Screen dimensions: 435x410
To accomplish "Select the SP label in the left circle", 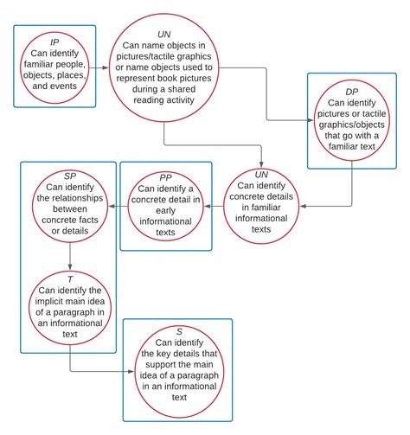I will coord(70,176).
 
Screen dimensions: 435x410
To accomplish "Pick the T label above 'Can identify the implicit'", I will coord(70,279).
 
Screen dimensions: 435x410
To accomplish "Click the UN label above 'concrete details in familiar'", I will coord(261,173).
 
